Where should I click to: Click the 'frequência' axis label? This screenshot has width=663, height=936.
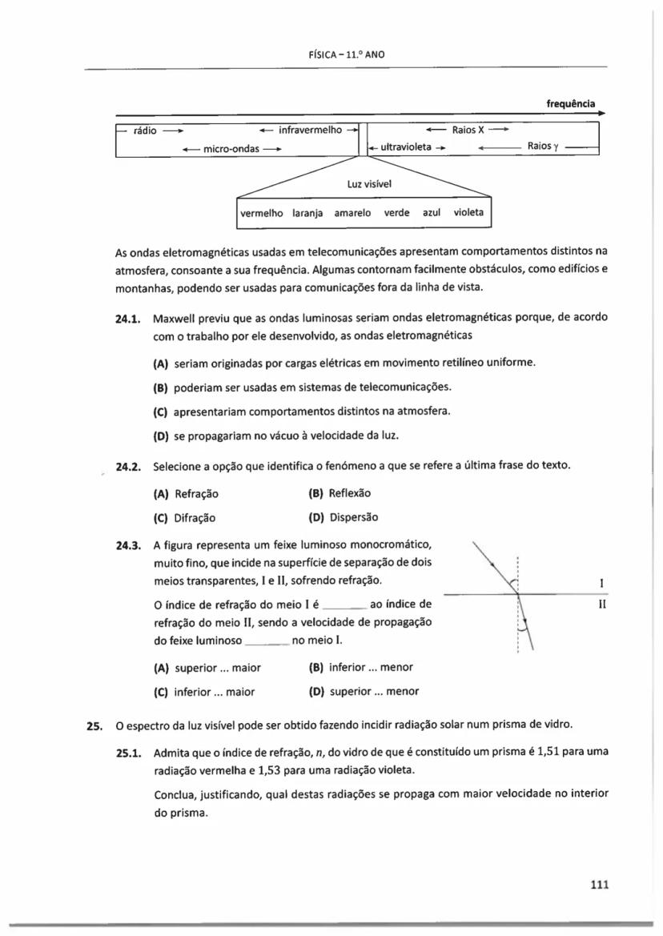pyautogui.click(x=570, y=103)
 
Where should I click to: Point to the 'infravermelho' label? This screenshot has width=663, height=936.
pyautogui.click(x=310, y=129)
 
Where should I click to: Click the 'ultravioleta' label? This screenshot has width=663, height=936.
pyautogui.click(x=405, y=147)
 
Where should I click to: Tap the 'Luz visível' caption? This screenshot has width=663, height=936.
pyautogui.click(x=364, y=183)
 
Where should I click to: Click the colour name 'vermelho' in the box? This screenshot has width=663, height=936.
pyautogui.click(x=263, y=213)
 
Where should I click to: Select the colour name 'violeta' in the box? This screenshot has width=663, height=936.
pyautogui.click(x=468, y=213)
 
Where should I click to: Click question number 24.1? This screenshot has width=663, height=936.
pyautogui.click(x=128, y=318)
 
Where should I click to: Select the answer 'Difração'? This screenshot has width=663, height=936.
pyautogui.click(x=195, y=517)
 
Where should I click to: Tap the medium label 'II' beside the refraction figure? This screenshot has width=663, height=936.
pyautogui.click(x=601, y=606)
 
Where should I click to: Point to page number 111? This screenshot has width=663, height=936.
pyautogui.click(x=599, y=884)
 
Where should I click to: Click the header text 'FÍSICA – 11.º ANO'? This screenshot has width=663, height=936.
pyautogui.click(x=342, y=54)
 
